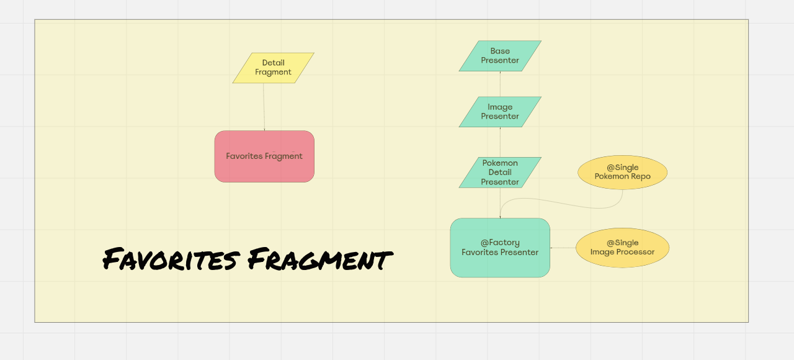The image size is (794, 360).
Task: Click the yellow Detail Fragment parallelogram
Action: [273, 68]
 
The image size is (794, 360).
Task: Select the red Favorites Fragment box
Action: [264, 156]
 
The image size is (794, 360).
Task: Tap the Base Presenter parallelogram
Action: [500, 56]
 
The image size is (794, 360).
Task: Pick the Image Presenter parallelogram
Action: [500, 112]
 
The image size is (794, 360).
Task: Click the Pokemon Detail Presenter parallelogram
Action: [500, 173]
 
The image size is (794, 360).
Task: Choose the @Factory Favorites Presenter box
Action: [500, 248]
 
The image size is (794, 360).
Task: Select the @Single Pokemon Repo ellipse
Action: [622, 172]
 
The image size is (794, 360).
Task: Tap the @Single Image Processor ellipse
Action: [622, 248]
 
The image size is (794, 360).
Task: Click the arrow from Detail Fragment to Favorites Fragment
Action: [264, 107]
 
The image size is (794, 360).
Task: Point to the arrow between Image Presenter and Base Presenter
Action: [500, 84]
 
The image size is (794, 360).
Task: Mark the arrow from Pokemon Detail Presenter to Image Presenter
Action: [500, 142]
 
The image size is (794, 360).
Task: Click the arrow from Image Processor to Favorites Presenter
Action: [563, 248]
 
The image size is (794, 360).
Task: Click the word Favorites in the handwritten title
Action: [171, 259]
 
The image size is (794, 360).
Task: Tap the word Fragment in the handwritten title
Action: [319, 259]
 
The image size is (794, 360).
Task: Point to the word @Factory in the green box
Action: [500, 243]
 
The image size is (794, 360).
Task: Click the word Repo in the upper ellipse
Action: [640, 176]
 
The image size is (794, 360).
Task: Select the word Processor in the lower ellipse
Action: [635, 252]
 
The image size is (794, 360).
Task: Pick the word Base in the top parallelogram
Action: [500, 51]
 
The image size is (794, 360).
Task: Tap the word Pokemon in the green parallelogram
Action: [500, 163]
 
